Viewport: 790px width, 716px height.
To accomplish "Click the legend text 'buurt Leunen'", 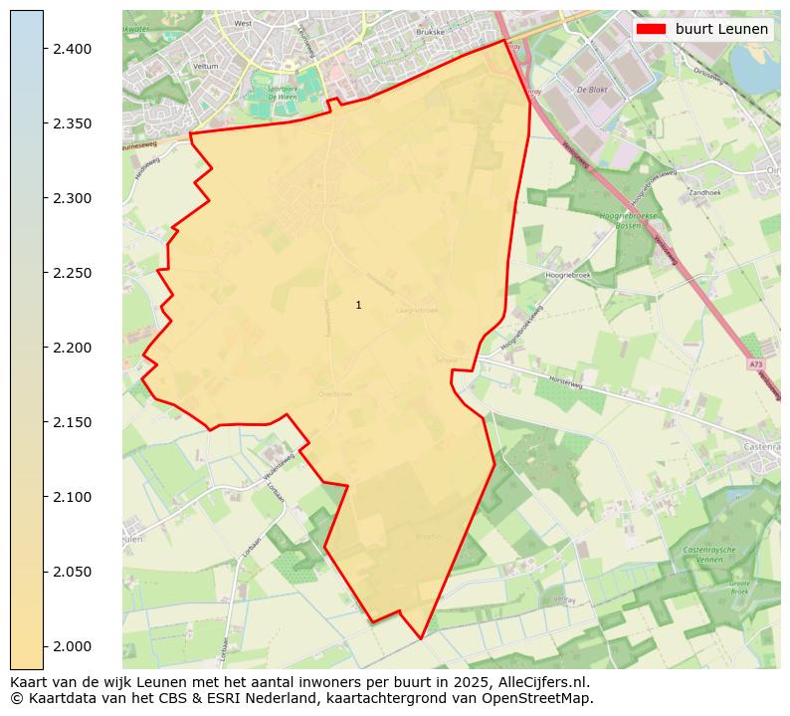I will [721, 29].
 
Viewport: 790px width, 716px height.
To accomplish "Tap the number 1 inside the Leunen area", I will [358, 305].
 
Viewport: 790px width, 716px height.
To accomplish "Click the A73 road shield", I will [755, 364].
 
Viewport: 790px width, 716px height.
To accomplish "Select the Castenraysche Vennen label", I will [714, 555].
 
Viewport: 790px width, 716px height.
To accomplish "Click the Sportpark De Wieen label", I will [269, 93].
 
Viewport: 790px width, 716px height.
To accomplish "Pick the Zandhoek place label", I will [703, 192].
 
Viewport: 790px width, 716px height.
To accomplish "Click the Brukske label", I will [430, 32].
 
